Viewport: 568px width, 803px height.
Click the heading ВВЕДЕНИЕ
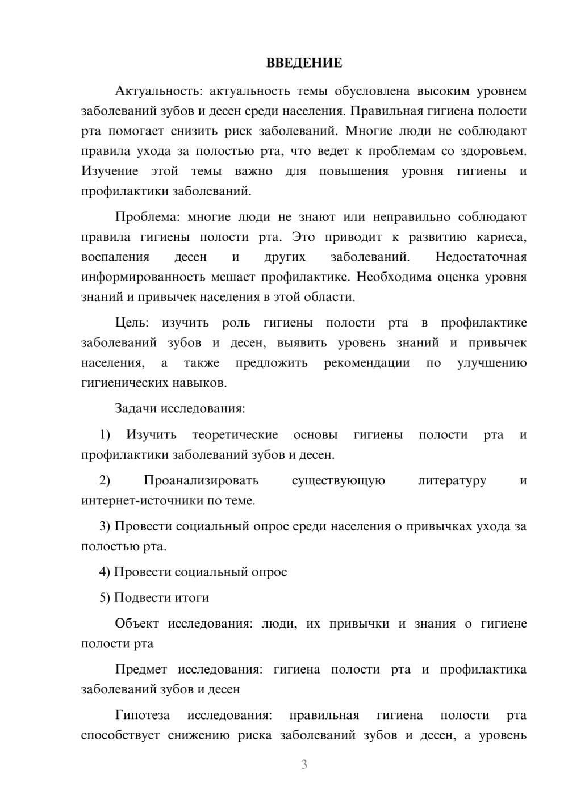[x=304, y=63]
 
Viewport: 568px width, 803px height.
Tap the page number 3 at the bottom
[x=304, y=764]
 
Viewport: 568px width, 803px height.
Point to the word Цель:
[x=132, y=323]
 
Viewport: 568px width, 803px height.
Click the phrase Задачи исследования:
[x=179, y=408]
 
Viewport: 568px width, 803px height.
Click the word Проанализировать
[x=201, y=480]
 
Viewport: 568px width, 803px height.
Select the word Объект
[x=137, y=624]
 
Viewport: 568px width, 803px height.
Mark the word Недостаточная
[x=481, y=257]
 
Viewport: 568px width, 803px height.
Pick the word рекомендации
[x=367, y=363]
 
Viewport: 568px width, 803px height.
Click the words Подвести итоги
[x=161, y=597]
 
